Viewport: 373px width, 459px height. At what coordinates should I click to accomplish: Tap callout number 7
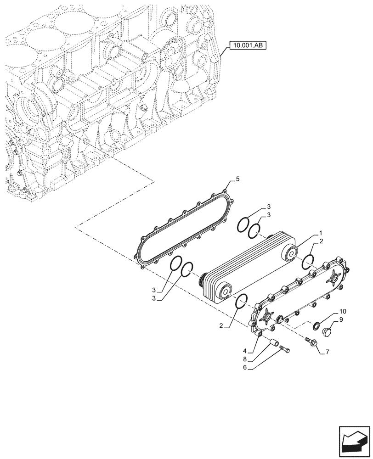pos(327,352)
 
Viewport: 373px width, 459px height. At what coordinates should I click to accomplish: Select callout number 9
pos(342,319)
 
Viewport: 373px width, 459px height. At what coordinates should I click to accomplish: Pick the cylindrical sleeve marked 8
pos(274,342)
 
